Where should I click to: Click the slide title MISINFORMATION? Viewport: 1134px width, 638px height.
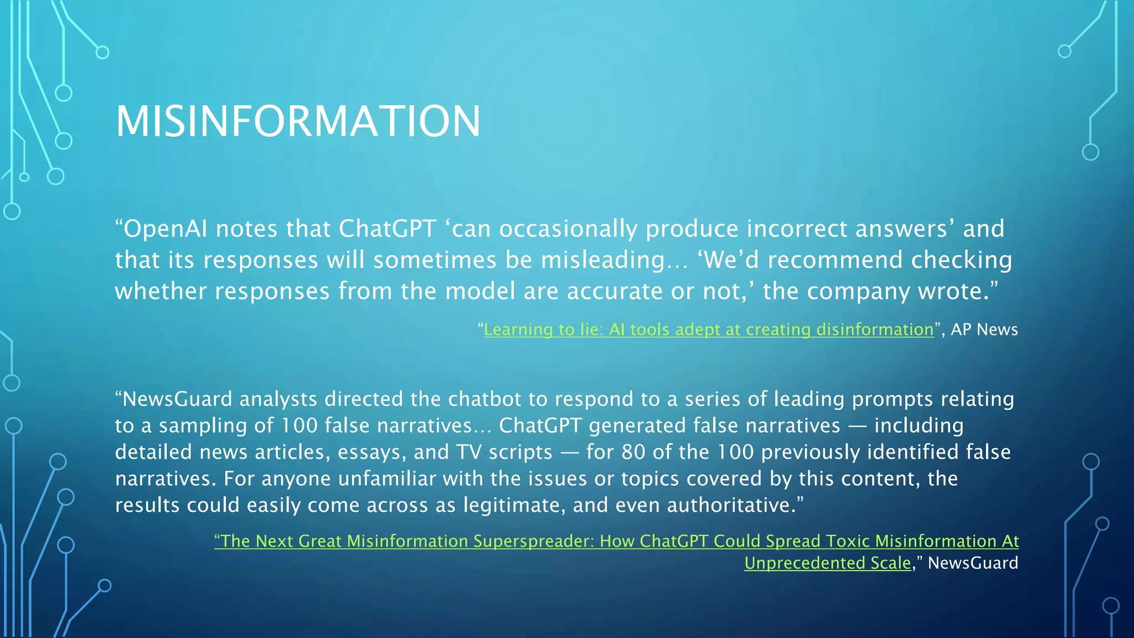(x=298, y=121)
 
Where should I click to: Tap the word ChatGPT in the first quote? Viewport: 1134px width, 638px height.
(x=388, y=229)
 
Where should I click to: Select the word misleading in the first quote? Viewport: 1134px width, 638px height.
(x=602, y=260)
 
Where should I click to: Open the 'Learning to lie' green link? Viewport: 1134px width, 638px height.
(x=708, y=330)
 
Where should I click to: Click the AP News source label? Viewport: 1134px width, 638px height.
(x=984, y=330)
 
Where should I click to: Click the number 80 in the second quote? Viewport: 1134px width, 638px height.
(x=633, y=452)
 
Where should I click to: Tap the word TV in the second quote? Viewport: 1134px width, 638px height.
(x=468, y=452)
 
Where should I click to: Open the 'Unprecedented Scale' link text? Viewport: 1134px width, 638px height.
(x=827, y=563)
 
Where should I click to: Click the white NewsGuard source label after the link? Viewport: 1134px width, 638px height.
(x=972, y=563)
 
